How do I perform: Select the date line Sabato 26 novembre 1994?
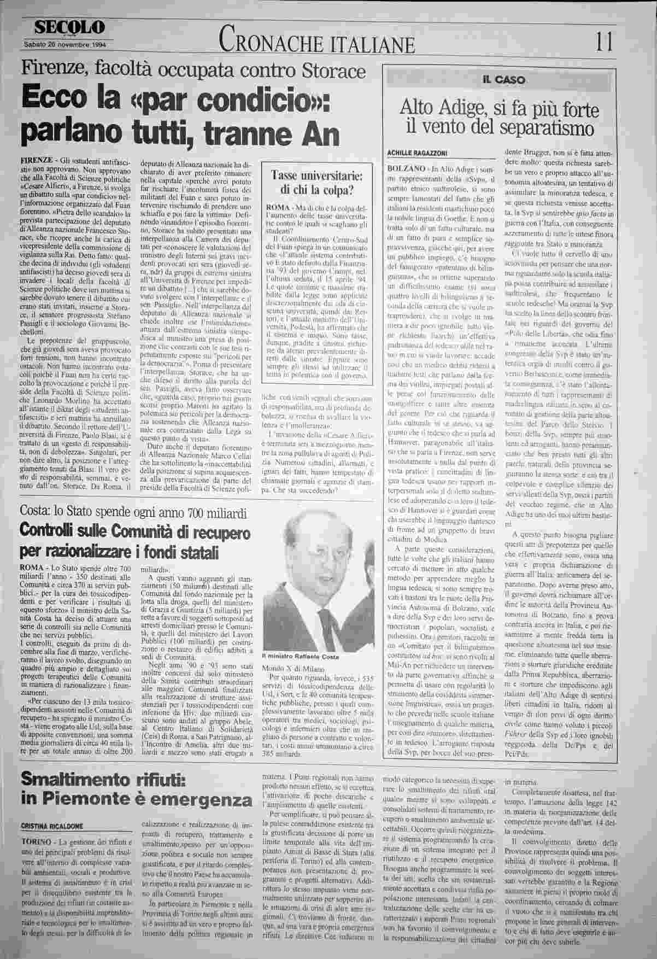pos(65,45)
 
